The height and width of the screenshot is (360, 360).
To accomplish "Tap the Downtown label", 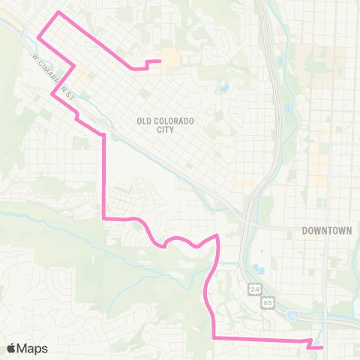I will [327, 230].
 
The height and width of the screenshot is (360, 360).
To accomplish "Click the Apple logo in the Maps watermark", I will [12, 348].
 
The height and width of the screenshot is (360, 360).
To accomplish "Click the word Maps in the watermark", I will [34, 348].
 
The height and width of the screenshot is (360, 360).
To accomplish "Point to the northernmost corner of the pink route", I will [58, 13].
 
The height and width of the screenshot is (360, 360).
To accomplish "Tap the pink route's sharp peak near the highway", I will [217, 235].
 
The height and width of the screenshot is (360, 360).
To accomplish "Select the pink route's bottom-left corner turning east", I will [214, 338].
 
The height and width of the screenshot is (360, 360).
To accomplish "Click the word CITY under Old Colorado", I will [166, 130].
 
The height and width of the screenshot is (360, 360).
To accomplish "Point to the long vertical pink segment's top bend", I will [103, 135].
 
